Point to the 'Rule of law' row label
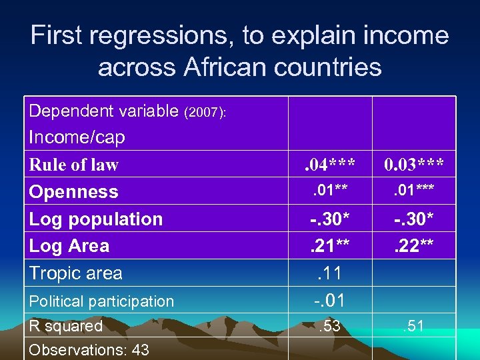point(73,165)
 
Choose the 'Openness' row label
point(73,192)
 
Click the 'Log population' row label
point(95,219)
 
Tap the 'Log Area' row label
point(69,245)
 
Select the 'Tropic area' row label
point(75,273)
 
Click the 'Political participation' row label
point(101,301)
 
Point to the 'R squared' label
point(65,326)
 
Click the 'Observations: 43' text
point(89,349)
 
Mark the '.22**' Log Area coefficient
point(413,247)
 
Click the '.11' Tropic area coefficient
point(329,273)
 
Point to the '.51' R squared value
point(413,327)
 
